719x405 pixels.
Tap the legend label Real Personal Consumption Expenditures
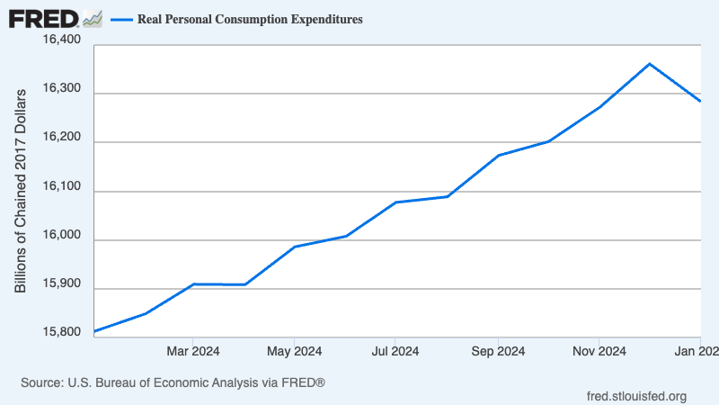[x=250, y=19]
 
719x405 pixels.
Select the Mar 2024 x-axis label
[x=193, y=350]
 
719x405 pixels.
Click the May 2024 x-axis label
[x=295, y=350]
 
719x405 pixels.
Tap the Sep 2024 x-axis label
[x=498, y=350]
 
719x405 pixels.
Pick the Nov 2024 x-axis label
[x=599, y=350]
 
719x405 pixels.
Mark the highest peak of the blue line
[x=649, y=64]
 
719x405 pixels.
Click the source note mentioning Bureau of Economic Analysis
[x=173, y=382]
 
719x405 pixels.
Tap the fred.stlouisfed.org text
[x=636, y=396]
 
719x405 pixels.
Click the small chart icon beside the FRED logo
[x=92, y=18]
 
